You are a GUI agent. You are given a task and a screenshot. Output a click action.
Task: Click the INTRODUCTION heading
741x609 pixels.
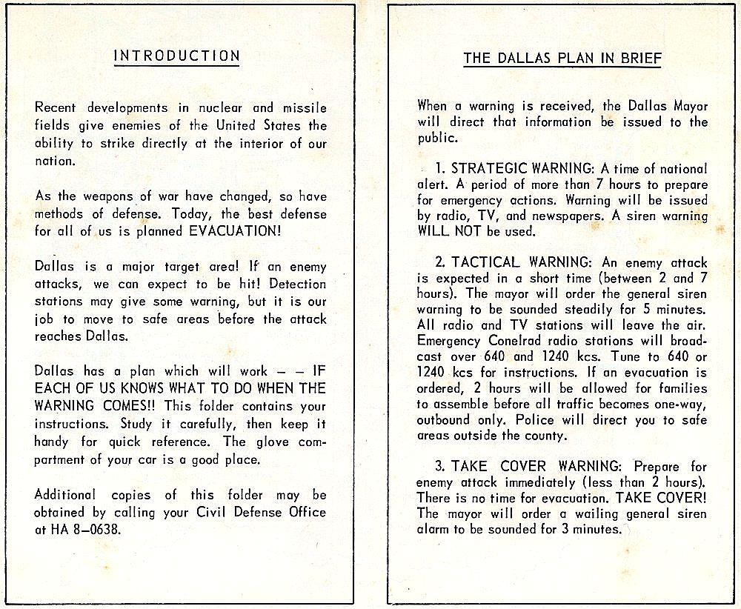click(x=176, y=56)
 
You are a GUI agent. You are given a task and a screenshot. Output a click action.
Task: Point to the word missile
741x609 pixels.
click(x=305, y=108)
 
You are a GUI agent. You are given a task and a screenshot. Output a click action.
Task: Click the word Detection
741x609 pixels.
click(x=298, y=284)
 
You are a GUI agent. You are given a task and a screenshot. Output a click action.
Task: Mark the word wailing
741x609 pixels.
click(x=599, y=513)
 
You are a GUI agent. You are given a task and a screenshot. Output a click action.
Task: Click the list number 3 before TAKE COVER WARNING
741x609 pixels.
click(x=439, y=467)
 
